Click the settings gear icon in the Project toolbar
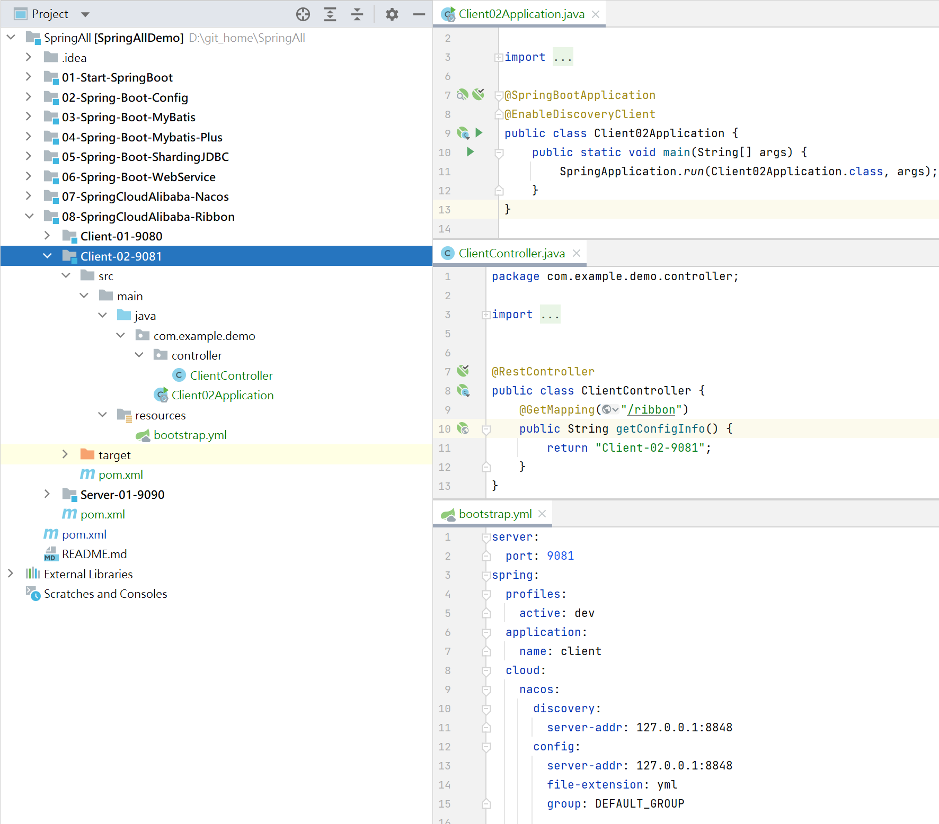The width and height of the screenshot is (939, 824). coord(392,14)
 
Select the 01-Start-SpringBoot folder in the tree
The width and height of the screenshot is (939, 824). coord(117,77)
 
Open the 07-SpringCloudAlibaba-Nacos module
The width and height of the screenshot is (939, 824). coord(145,196)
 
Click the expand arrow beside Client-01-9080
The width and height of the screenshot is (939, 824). coord(47,236)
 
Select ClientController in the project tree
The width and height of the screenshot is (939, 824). coord(231,375)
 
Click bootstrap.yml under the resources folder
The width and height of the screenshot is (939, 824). coord(190,435)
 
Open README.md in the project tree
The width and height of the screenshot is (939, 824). coord(94,554)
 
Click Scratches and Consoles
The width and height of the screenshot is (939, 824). coord(105,594)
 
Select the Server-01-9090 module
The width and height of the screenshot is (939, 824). coord(122,495)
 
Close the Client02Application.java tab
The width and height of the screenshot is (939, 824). coord(596,14)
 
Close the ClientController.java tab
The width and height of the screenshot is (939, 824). coord(577,253)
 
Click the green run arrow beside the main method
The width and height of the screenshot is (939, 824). coord(470,152)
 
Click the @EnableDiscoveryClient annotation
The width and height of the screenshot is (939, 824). coord(580,114)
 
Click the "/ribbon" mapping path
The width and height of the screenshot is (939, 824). coord(651,410)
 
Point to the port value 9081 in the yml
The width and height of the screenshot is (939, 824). coord(560,556)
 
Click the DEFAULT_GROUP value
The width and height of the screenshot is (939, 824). coord(640,804)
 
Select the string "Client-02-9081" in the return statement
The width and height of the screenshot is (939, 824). coord(650,448)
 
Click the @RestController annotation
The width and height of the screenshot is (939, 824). coord(543,372)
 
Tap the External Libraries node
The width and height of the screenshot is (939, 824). coord(88,574)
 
